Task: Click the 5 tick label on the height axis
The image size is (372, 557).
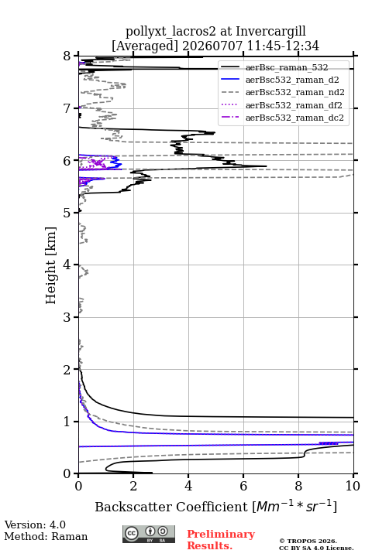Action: tap(67, 213)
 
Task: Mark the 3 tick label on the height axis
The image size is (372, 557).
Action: tap(67, 317)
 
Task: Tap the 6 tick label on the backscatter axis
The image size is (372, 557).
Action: tap(243, 486)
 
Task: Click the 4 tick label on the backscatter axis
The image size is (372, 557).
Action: tap(188, 486)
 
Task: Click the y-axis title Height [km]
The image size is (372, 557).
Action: tap(51, 265)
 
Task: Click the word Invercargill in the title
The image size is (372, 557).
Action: tap(271, 32)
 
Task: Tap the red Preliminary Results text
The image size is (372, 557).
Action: tap(221, 540)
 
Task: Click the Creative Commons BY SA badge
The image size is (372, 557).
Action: tap(149, 535)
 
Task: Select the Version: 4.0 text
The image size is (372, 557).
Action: tap(35, 525)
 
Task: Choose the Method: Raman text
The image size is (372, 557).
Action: tap(46, 536)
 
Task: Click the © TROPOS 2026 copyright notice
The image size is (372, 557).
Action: tap(308, 541)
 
